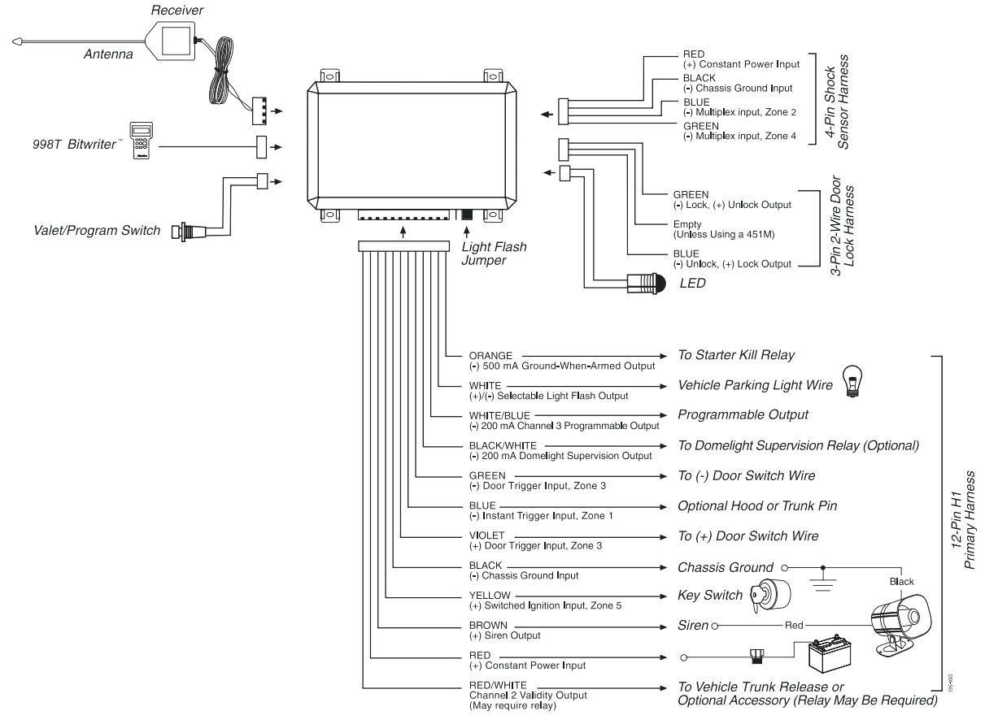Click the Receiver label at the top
click(x=177, y=10)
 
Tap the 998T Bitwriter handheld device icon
click(x=142, y=140)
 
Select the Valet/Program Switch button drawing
click(x=188, y=231)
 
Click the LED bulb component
click(x=646, y=284)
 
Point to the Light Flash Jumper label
click(x=494, y=254)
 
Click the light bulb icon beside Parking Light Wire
click(x=852, y=381)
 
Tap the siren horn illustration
click(x=900, y=625)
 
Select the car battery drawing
click(x=830, y=654)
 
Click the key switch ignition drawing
click(x=770, y=596)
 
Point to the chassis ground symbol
click(x=823, y=579)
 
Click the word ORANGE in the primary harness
click(x=490, y=356)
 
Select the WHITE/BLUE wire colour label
click(x=499, y=415)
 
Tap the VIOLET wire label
click(x=486, y=535)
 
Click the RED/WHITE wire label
click(x=498, y=685)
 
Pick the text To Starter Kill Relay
click(x=736, y=355)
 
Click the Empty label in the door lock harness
click(x=686, y=224)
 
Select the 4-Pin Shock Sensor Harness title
click(x=836, y=102)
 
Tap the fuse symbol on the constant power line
click(x=756, y=657)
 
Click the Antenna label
click(x=108, y=54)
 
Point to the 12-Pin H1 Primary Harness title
click(x=962, y=520)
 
